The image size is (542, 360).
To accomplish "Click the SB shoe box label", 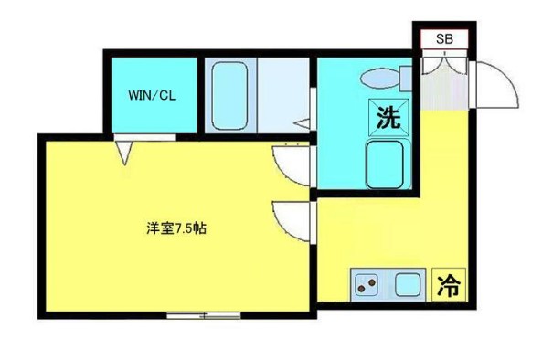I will click(x=443, y=38).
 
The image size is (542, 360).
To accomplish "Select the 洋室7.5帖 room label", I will click(x=175, y=228).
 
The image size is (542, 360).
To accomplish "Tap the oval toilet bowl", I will click(x=377, y=77).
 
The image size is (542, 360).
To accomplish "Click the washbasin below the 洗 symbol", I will click(x=388, y=164).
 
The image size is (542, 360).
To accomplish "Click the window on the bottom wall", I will click(x=204, y=315).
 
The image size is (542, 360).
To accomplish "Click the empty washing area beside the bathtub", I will click(x=284, y=92).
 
